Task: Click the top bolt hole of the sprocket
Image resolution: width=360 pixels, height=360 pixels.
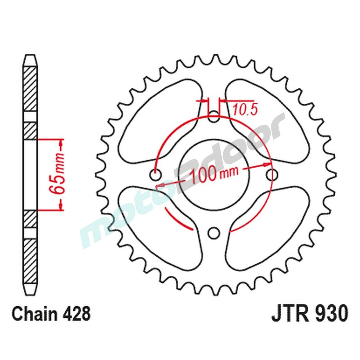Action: [x=214, y=117]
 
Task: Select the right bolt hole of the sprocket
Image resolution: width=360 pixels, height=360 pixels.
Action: [x=273, y=175]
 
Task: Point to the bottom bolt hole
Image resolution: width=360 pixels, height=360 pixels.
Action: [x=214, y=233]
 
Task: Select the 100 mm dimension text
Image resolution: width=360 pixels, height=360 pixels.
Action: [x=214, y=174]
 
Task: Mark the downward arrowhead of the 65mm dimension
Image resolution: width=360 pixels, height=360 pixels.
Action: [x=60, y=206]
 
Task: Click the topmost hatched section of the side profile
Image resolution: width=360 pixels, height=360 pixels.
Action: [x=30, y=88]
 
